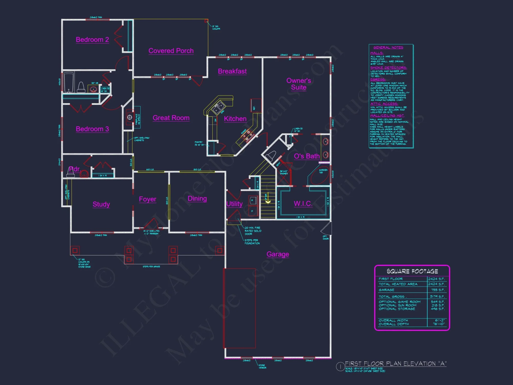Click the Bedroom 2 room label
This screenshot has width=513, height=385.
point(92,40)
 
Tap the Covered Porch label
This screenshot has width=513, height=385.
point(171,51)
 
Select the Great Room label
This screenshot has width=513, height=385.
point(171,118)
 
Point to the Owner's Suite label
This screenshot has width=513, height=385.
point(299,84)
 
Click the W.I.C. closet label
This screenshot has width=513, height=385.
point(303,204)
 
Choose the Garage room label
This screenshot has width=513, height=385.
point(278,254)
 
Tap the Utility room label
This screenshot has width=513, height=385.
point(234,204)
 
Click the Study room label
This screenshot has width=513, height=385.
point(101,204)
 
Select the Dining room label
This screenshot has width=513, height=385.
point(197,199)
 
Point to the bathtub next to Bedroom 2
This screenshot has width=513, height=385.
point(69,82)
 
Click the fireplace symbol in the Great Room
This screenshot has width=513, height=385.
point(130,118)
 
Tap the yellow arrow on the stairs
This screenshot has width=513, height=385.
point(268,202)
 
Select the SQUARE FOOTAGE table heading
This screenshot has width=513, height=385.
point(412,271)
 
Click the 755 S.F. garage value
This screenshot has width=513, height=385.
point(438,290)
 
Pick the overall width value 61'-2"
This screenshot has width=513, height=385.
point(440,320)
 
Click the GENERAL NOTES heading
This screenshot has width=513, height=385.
point(388,47)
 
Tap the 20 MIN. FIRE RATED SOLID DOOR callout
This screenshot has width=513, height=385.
point(253,231)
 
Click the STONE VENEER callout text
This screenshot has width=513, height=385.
point(262,367)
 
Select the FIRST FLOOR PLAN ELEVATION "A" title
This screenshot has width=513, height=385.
point(396,364)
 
